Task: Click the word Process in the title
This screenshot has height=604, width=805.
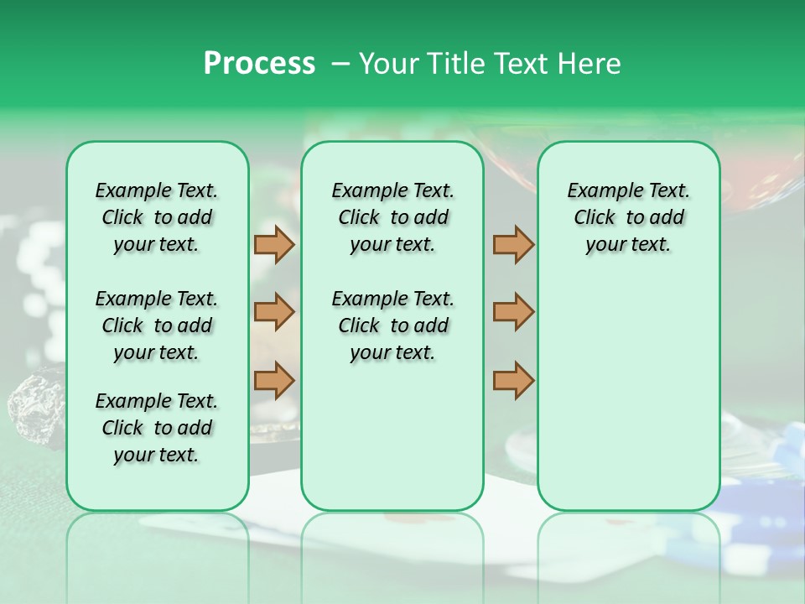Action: (259, 64)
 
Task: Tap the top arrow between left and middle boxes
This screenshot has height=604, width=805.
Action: (274, 244)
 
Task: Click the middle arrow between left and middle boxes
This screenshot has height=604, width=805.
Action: (274, 312)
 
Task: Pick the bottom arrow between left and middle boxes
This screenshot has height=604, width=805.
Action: (274, 380)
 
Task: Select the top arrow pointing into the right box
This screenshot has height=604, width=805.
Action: (513, 244)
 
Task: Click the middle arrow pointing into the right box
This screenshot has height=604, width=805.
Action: (513, 312)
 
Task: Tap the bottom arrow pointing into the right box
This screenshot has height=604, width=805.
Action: (513, 380)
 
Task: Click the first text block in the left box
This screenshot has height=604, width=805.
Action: (157, 217)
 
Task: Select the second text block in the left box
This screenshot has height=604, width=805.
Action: (157, 325)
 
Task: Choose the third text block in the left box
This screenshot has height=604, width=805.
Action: (157, 428)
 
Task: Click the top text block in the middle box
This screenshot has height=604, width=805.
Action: (392, 217)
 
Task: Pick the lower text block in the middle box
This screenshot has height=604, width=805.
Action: (392, 325)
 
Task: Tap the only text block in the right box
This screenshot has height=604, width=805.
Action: (628, 217)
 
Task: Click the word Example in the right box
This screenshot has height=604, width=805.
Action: (599, 191)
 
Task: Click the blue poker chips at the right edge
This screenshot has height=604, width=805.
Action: (784, 470)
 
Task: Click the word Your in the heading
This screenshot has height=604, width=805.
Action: (390, 64)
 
